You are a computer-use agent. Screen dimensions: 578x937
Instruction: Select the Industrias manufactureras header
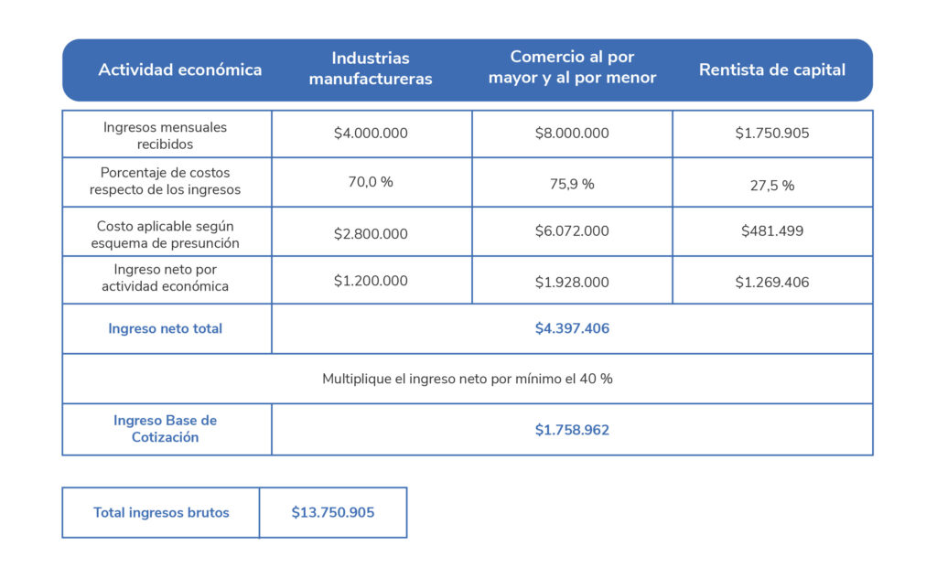pos(371,69)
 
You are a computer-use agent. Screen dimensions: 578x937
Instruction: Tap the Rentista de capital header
pos(772,70)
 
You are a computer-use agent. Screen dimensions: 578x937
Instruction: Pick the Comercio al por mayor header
pos(572,68)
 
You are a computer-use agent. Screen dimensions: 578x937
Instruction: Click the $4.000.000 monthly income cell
pos(371,133)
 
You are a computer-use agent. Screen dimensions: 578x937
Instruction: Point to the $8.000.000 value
pos(572,133)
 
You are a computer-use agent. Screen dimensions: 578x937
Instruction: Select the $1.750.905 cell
pos(772,133)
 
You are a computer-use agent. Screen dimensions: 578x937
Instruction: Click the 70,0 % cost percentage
pos(371,182)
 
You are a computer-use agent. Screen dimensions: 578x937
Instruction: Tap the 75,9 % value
pos(572,184)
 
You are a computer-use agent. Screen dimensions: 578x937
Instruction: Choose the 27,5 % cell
pos(772,185)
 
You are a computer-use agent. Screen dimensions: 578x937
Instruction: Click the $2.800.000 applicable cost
pos(371,233)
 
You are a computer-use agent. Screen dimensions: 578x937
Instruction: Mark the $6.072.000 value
pos(572,230)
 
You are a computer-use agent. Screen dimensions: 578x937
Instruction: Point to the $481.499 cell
pos(772,230)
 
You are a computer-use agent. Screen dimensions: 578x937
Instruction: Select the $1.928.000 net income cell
pos(572,282)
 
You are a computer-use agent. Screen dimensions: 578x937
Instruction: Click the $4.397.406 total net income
pos(572,328)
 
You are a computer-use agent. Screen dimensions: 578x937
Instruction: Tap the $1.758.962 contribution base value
pos(572,429)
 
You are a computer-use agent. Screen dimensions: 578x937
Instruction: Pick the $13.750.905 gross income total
pos(333,512)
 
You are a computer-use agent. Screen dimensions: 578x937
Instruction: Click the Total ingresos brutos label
pos(161,512)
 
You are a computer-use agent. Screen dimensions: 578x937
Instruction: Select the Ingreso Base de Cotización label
pos(166,429)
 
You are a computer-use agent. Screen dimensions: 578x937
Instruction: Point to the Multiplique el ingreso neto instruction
pos(468,378)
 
